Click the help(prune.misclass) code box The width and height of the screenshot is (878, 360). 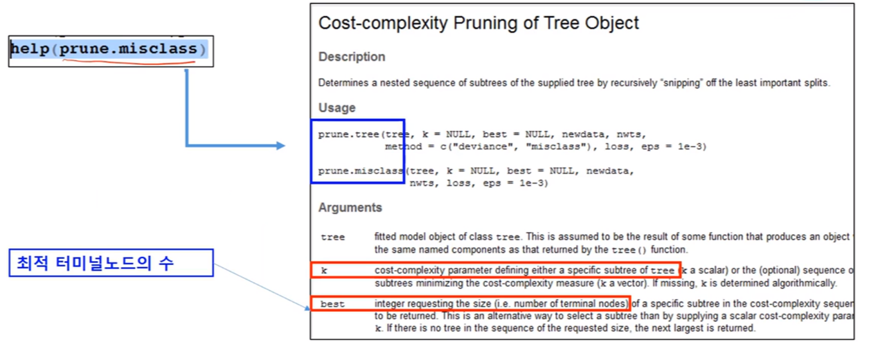pyautogui.click(x=110, y=51)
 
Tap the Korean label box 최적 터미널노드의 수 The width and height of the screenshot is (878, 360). pyautogui.click(x=111, y=263)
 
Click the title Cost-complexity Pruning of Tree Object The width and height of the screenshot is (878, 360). pyautogui.click(x=478, y=23)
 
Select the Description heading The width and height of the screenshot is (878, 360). pyautogui.click(x=352, y=57)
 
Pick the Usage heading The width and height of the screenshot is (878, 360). pyautogui.click(x=337, y=108)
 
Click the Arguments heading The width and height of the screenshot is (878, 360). pyautogui.click(x=350, y=208)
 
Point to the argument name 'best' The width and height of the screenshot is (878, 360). pyautogui.click(x=332, y=304)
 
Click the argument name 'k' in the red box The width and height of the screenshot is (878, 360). pyautogui.click(x=323, y=271)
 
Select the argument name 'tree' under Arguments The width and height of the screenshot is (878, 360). pyautogui.click(x=332, y=237)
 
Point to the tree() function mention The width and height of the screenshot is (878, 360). pyautogui.click(x=630, y=249)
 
